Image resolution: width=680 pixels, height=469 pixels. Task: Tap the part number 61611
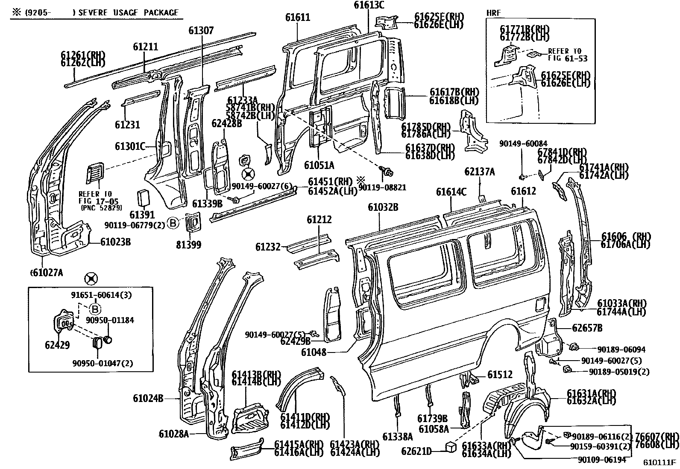pyautogui.click(x=298, y=17)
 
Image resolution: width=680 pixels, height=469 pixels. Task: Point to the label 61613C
pyautogui.click(x=369, y=5)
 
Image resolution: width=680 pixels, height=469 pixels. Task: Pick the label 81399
pyautogui.click(x=188, y=245)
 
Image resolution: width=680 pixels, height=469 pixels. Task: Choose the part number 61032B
pyautogui.click(x=383, y=207)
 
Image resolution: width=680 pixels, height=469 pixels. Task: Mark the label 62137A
pyautogui.click(x=480, y=172)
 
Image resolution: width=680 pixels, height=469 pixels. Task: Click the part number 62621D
pyautogui.click(x=416, y=451)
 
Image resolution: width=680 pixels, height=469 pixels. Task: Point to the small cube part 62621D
pyautogui.click(x=451, y=446)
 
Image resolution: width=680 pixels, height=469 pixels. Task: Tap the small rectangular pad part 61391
pyautogui.click(x=142, y=199)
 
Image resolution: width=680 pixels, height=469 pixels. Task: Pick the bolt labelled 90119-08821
pyautogui.click(x=388, y=172)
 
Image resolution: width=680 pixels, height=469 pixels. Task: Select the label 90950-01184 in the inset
pyautogui.click(x=111, y=320)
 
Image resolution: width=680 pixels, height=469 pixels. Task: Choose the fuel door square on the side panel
pyautogui.click(x=539, y=304)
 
